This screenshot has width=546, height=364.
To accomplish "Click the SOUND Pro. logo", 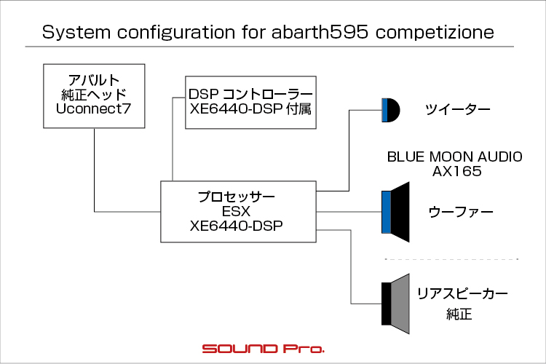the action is (x=264, y=349).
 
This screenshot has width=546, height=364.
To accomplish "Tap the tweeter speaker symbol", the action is (x=391, y=110).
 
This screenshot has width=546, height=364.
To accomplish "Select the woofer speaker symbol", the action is (x=395, y=212).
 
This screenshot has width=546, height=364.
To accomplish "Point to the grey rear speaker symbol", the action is (x=395, y=304).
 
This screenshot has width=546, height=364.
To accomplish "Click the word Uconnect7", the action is (x=93, y=108).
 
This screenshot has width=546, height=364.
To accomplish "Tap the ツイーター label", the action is (x=457, y=110).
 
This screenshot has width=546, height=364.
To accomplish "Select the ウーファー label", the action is (x=461, y=212).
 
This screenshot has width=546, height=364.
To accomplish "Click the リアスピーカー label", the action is (x=462, y=293).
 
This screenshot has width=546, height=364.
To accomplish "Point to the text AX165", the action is (x=457, y=171).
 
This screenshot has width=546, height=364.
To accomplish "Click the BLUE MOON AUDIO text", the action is (x=454, y=157).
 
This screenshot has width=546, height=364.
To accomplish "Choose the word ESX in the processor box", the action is (x=236, y=211).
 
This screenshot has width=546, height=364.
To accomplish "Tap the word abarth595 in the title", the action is (x=320, y=32).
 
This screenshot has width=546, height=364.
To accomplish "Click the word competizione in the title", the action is (x=435, y=32).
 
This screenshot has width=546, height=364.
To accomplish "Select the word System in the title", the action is (x=76, y=32).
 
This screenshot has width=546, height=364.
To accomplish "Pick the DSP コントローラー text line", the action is (x=250, y=94).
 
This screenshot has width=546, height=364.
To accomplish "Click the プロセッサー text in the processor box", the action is (x=237, y=197).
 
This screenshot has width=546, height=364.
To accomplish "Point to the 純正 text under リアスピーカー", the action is (x=459, y=314).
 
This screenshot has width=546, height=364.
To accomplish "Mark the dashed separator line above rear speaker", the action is (x=451, y=259).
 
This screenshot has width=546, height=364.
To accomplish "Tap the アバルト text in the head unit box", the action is (x=94, y=81).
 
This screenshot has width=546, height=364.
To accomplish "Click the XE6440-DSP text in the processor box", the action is (x=236, y=226).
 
